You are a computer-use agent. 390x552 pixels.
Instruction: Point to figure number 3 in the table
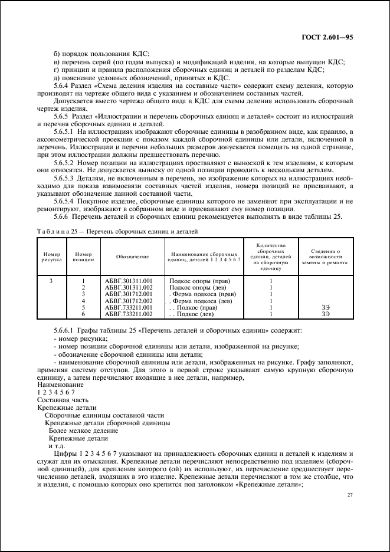click(x=51, y=281)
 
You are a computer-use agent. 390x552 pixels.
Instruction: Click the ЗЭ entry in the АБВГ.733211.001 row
click(x=326, y=307)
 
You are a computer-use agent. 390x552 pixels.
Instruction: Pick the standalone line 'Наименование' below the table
click(x=58, y=385)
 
